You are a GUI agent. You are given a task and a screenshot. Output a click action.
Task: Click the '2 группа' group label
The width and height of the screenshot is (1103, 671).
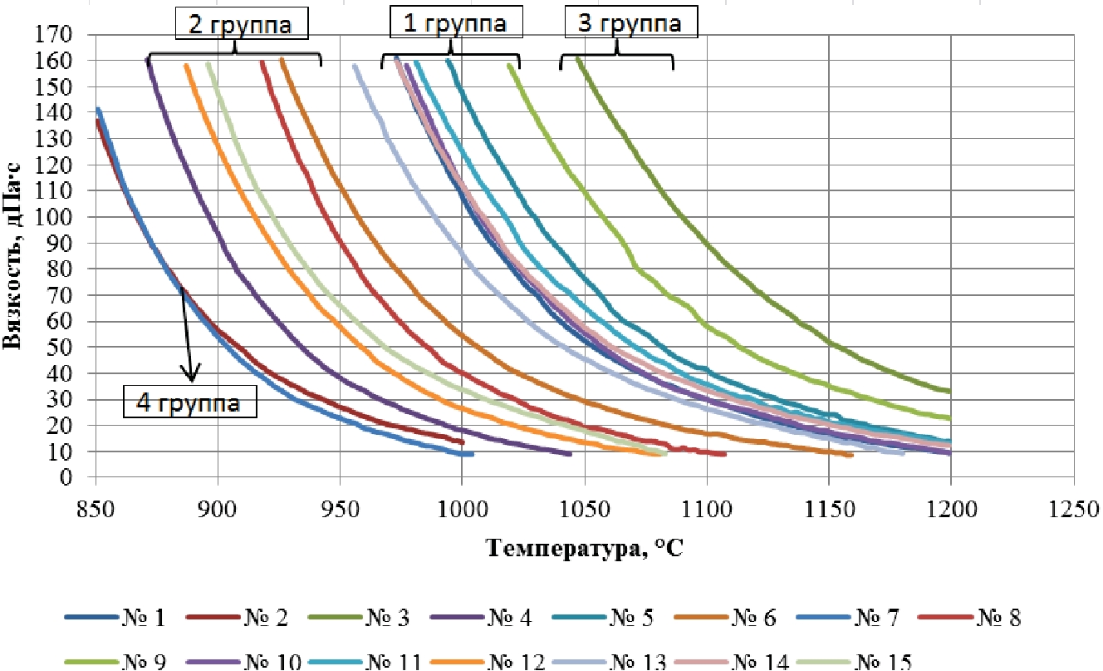242,25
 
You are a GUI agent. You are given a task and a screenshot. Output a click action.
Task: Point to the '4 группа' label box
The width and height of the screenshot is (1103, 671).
189,404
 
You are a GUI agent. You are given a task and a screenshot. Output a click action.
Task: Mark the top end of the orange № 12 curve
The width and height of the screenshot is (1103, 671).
186,65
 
